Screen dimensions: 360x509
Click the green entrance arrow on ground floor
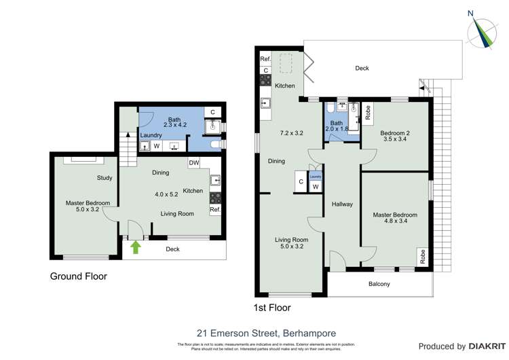coord(135,247)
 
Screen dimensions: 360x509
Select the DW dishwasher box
coord(195,163)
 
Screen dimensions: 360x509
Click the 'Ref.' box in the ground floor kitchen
coord(215,210)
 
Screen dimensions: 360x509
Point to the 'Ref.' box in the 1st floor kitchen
coord(265,60)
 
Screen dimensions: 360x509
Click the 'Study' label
coord(104,178)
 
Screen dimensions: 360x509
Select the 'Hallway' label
coord(342,204)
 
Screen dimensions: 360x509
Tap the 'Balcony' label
coord(379,284)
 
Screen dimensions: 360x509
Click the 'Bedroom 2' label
coord(394,133)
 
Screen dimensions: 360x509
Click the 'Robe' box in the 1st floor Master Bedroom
coord(422,257)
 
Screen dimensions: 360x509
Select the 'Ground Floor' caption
coord(78,276)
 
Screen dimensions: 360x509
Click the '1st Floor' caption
coord(272,308)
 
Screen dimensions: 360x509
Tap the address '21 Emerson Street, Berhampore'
coord(265,333)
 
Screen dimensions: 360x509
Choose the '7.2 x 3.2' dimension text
coord(292,133)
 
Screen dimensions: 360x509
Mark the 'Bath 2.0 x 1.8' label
coord(337,125)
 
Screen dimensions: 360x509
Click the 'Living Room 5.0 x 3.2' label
coord(291,243)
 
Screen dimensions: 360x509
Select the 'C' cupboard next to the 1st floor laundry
coord(300,181)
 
